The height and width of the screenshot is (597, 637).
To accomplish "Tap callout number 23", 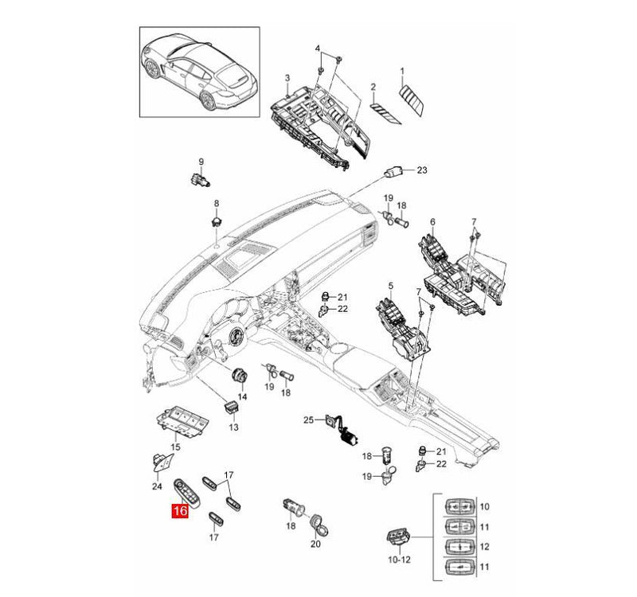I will (x=422, y=170).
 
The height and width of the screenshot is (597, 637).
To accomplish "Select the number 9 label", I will (x=201, y=162).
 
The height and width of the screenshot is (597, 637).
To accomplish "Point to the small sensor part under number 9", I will (x=201, y=179).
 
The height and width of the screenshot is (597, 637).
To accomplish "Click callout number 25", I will (x=308, y=419).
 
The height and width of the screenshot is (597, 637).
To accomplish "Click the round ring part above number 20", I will (x=321, y=523).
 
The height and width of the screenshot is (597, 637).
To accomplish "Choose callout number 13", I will (x=233, y=427).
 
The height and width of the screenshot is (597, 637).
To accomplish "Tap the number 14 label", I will (x=242, y=396).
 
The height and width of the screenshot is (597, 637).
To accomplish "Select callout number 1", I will (x=402, y=71).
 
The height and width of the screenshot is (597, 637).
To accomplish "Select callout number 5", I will (x=391, y=284).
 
